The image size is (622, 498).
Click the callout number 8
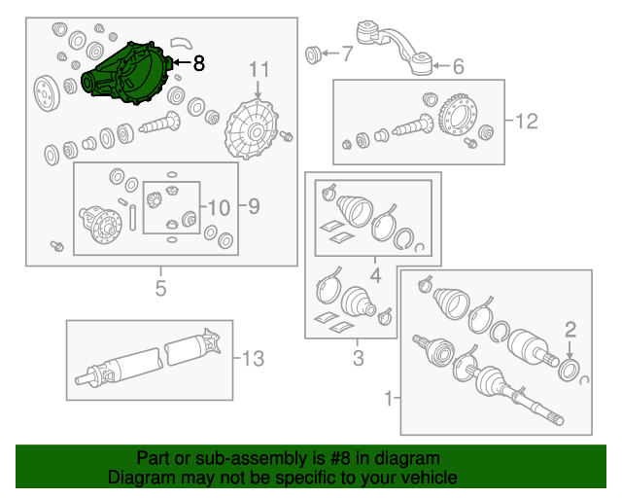(x=198, y=64)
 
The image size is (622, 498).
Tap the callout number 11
(x=259, y=69)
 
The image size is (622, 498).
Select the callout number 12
(x=526, y=122)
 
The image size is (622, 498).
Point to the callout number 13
(x=252, y=360)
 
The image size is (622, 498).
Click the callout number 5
(x=160, y=288)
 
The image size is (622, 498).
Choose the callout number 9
(x=254, y=206)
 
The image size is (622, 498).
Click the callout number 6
(x=458, y=66)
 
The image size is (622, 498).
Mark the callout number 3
(x=358, y=360)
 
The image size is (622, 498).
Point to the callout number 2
(x=570, y=328)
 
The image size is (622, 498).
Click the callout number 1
(x=392, y=398)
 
